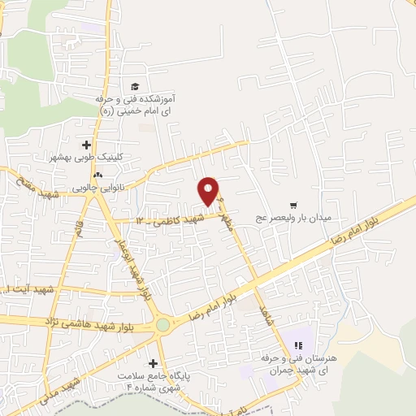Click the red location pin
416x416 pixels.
209,191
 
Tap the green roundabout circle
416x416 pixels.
163,324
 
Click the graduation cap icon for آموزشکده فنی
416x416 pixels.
135,87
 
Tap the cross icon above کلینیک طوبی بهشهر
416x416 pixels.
86,144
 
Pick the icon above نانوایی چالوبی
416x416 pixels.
97,174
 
